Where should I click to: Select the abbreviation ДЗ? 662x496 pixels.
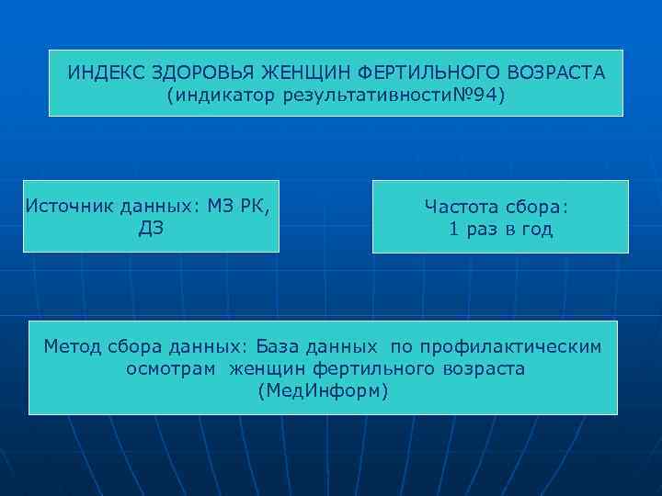pos(151,228)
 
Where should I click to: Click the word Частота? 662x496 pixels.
pos(462,207)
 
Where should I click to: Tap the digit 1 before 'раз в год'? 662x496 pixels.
pos(454,230)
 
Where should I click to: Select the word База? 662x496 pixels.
pos(282,346)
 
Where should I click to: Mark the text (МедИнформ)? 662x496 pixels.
pos(324,391)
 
